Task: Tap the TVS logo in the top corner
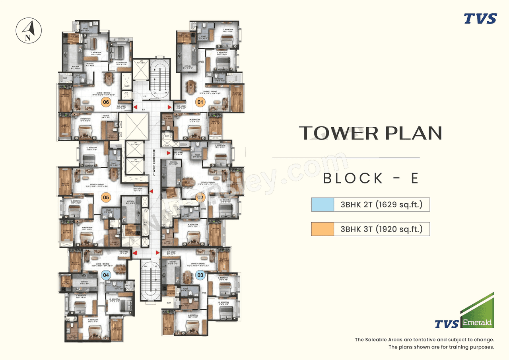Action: (480, 19)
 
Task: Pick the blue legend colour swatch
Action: (322, 205)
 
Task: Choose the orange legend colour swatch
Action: (322, 229)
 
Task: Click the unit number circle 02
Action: (200, 197)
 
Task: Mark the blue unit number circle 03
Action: (200, 274)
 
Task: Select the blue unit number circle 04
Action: (106, 274)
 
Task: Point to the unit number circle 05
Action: (106, 197)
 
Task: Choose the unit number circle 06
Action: (106, 102)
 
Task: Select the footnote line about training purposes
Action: (441, 347)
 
